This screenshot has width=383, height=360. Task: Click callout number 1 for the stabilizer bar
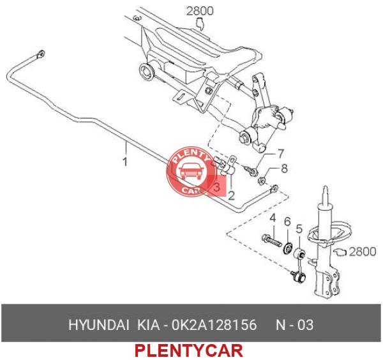pos(125,162)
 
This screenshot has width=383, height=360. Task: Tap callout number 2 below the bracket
pos(231,195)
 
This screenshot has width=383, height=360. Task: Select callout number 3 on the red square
pos(216,187)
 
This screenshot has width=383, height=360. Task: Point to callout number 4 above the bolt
pos(273,218)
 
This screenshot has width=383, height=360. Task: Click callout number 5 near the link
pos(299,229)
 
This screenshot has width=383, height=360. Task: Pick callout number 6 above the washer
pos(287,221)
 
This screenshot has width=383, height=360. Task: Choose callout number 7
pos(281,154)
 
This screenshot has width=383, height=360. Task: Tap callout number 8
pos(284,169)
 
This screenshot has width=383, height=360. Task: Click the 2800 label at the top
pos(200,11)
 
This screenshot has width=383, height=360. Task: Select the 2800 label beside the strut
pos(363,251)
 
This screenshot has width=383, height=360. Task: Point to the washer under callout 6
pos(287,247)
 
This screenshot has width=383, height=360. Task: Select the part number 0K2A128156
pos(214,325)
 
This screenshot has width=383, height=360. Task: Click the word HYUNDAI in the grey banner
pos(99,325)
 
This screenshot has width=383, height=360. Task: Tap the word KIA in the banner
pos(149,325)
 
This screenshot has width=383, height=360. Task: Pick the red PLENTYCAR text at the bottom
pos(189,350)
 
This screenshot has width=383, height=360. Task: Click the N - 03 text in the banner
pos(294,325)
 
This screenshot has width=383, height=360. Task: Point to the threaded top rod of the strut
pos(325,195)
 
